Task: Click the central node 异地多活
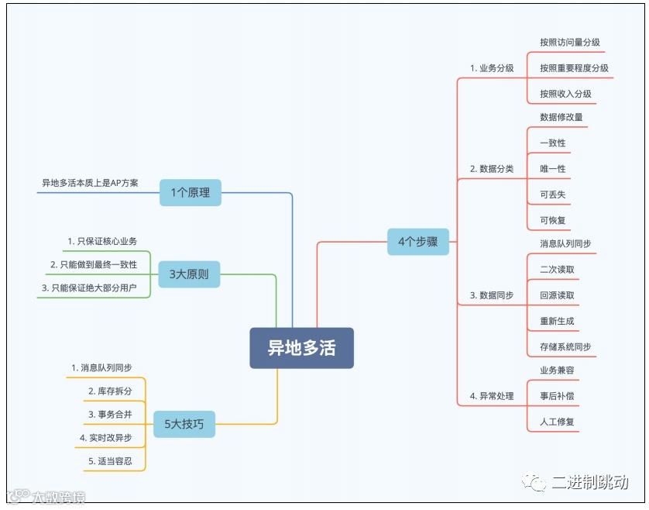(301, 348)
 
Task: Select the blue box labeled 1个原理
(191, 191)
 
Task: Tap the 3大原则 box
(189, 274)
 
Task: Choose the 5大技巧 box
(184, 423)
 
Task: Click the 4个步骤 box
(417, 241)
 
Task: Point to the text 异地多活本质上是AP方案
(90, 183)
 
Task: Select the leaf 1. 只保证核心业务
(102, 241)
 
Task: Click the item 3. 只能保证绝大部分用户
(89, 288)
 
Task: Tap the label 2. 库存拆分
(110, 391)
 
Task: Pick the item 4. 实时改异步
(106, 438)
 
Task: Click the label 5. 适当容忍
(110, 461)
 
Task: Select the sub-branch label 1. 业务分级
(492, 68)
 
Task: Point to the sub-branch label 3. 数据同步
(492, 295)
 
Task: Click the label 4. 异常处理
(492, 396)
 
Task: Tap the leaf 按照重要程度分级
(574, 68)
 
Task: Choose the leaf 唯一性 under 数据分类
(553, 169)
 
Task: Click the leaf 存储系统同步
(565, 346)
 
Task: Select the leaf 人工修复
(557, 422)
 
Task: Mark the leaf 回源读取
(557, 295)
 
